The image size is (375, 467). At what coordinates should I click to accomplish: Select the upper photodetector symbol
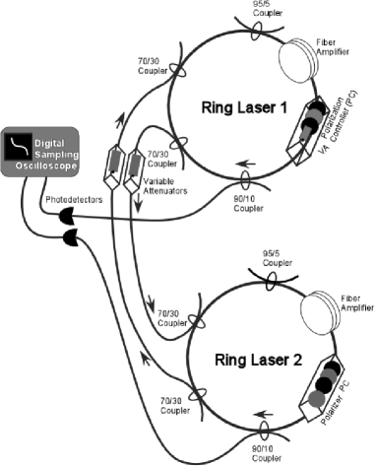[x=69, y=216]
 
